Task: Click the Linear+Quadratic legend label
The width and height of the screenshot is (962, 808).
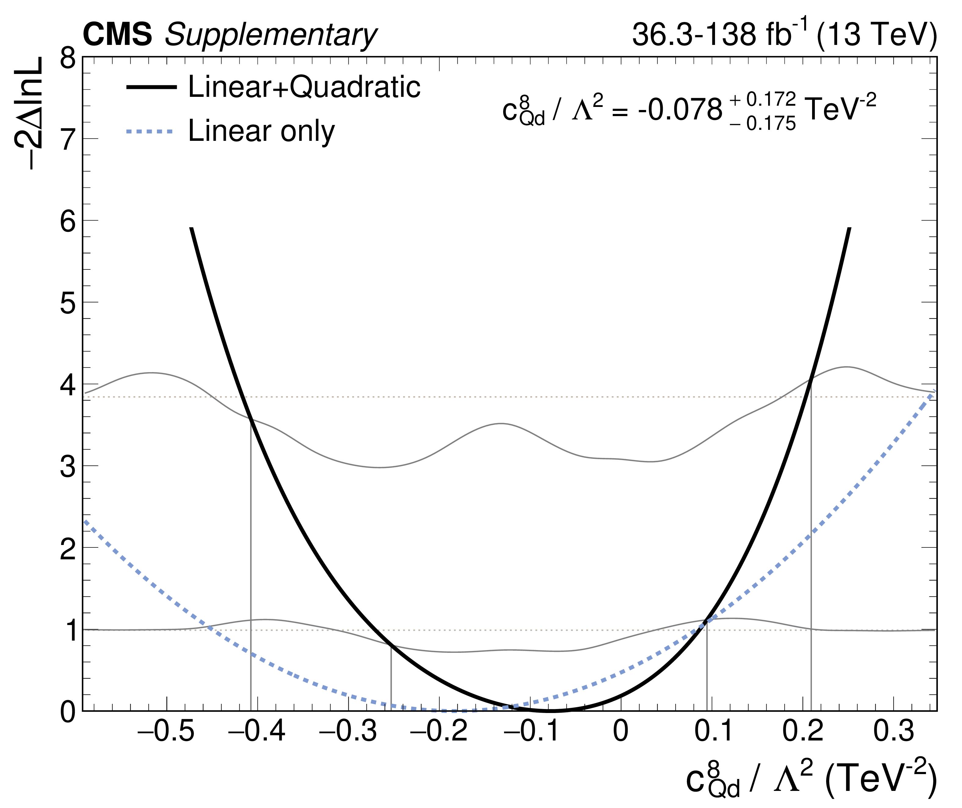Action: (304, 87)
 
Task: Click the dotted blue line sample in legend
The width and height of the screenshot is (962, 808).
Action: (150, 132)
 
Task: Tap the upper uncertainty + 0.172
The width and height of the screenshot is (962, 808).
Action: (762, 99)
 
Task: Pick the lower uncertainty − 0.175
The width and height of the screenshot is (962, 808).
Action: (762, 124)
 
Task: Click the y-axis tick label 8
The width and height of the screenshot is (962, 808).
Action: (68, 59)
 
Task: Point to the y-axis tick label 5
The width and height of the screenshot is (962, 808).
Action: (68, 303)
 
